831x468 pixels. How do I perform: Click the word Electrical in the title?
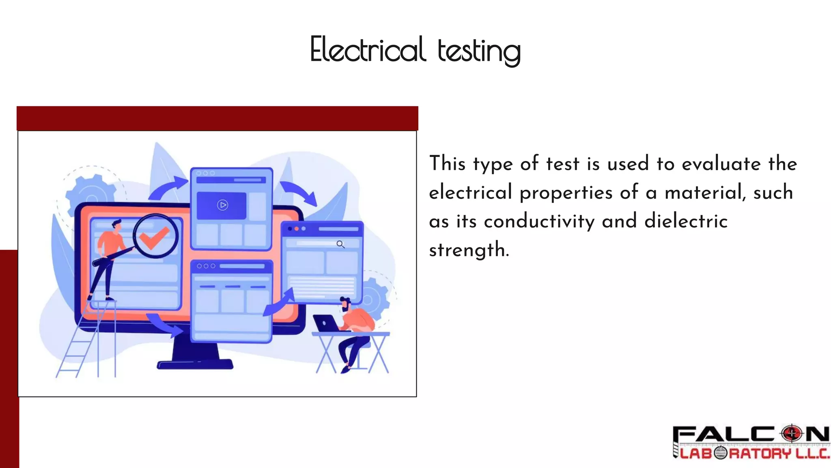tap(367, 50)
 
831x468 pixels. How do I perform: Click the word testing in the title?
tap(479, 51)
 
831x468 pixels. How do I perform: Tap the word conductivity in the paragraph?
tap(539, 222)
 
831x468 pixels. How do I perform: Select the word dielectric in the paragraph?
tap(686, 221)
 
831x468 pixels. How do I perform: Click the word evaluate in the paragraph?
tap(721, 164)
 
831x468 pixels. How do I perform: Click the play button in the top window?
tap(222, 205)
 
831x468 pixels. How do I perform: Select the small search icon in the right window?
tap(340, 244)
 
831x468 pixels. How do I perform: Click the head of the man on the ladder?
tap(117, 225)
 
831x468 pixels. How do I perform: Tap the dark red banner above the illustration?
tap(217, 118)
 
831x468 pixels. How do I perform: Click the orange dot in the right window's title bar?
tap(297, 229)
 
